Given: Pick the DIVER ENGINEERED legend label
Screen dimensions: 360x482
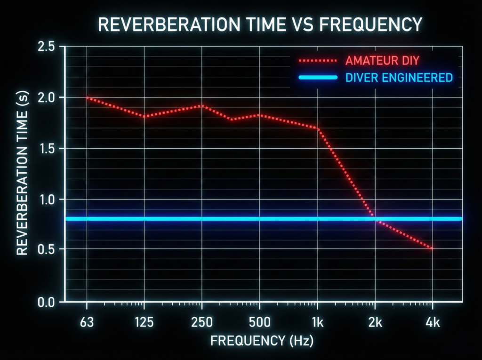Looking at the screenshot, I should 399,78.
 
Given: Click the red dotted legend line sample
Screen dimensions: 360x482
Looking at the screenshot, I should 317,61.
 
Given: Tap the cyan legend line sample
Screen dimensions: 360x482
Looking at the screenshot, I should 317,78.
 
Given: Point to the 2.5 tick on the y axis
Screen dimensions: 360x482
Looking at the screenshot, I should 48,47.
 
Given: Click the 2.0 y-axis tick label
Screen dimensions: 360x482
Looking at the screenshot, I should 48,98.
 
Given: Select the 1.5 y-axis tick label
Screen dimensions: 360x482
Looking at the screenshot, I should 48,149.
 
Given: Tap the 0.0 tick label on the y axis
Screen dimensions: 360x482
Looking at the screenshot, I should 48,302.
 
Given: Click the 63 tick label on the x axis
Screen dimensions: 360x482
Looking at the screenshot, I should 87,323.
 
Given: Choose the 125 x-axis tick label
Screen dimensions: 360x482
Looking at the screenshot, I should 144,323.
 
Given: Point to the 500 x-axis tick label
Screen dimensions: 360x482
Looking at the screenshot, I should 259,323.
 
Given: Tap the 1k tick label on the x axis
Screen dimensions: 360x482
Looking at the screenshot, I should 318,323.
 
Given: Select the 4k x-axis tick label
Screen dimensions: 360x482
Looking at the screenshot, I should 433,323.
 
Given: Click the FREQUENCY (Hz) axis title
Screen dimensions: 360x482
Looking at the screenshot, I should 262,341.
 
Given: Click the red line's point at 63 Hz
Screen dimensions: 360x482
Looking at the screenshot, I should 87,97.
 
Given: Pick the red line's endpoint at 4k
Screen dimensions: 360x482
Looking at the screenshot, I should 432,248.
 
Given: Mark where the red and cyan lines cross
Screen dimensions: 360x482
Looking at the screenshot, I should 375,218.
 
